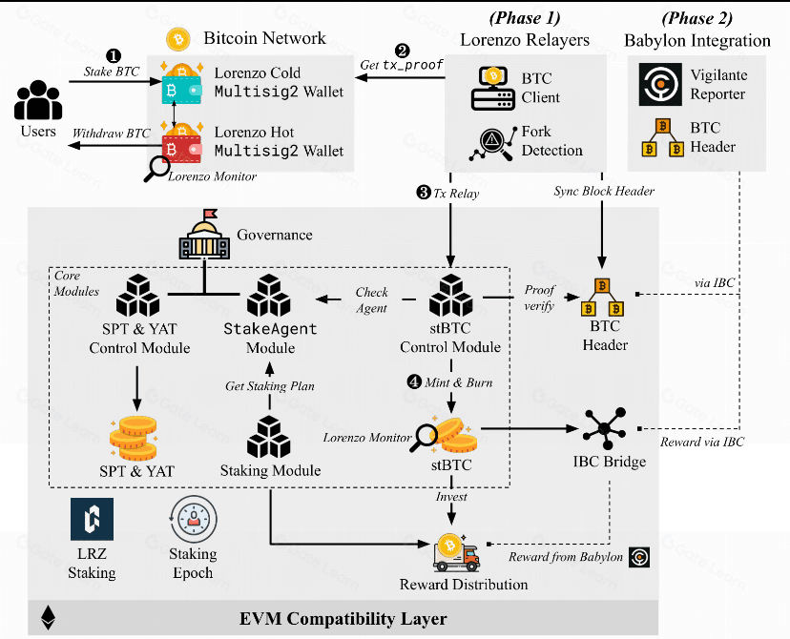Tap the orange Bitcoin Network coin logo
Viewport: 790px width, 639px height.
(x=177, y=39)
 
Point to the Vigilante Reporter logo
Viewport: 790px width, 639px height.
(x=655, y=84)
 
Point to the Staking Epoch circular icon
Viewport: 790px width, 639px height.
(x=191, y=521)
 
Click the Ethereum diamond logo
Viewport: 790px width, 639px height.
(x=47, y=618)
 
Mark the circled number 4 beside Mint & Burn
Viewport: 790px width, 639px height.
(x=414, y=381)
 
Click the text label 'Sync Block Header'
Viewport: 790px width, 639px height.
(x=604, y=192)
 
